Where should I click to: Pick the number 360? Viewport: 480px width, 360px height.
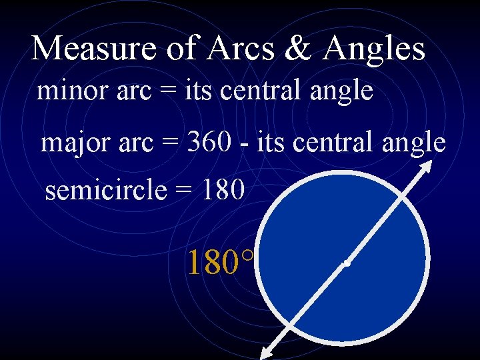point(209,141)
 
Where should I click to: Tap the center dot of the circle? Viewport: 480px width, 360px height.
point(347,264)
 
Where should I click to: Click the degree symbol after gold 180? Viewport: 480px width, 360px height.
point(248,255)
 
